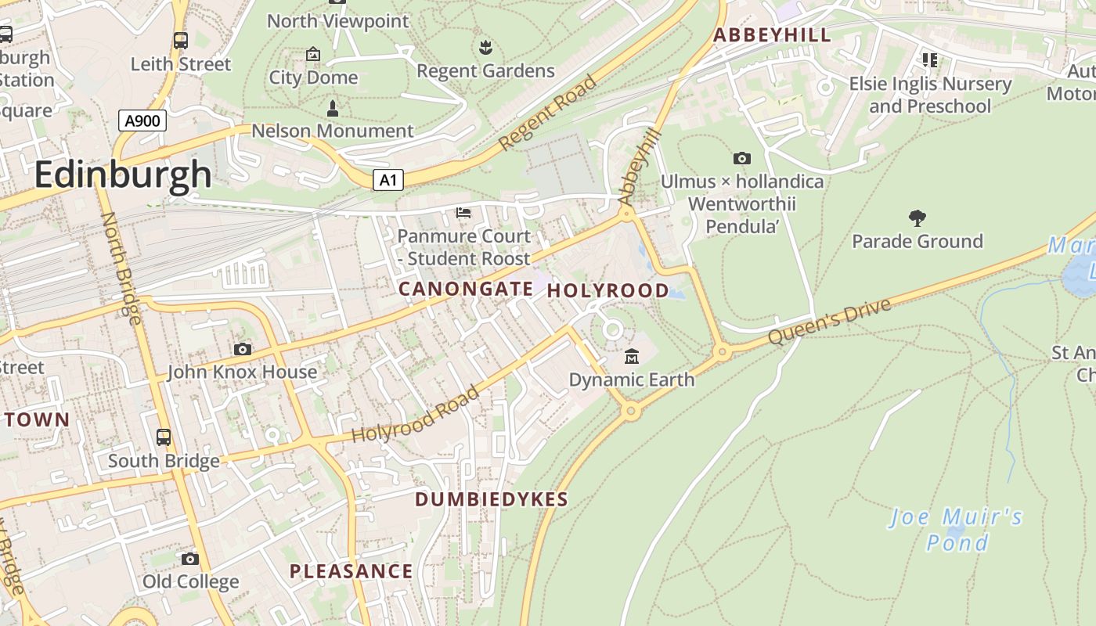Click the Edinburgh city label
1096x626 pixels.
point(123,174)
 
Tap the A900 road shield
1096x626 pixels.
point(142,121)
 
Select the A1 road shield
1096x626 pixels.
point(388,181)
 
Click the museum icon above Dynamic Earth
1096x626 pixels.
point(631,358)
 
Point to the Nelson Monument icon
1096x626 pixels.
point(333,108)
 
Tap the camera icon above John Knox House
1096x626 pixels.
point(243,349)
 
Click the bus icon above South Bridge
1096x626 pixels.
point(164,437)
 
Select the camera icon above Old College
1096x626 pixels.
point(190,559)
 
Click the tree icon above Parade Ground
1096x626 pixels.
point(917,218)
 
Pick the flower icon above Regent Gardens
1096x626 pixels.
point(485,48)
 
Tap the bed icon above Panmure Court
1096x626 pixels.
point(463,213)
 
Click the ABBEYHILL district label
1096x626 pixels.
point(771,35)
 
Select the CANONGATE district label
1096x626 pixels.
point(466,290)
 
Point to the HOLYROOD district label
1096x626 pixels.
point(607,291)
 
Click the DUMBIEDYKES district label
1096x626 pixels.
point(491,499)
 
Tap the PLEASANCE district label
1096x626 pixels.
point(351,571)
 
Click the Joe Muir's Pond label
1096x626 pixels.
point(957,529)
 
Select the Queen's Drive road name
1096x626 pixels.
point(829,322)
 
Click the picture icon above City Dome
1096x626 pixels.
point(313,54)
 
